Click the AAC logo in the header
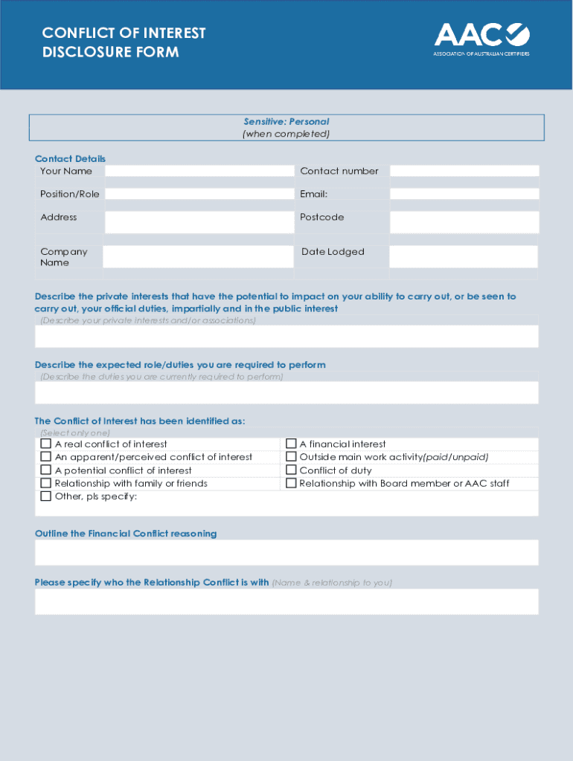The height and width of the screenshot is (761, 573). (481, 39)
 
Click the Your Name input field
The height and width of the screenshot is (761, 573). (199, 171)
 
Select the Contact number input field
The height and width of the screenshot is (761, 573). (464, 171)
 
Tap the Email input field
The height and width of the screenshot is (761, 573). (464, 194)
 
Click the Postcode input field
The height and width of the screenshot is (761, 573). (464, 221)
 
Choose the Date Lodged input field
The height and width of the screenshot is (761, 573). (463, 256)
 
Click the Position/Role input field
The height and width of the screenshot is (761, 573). (199, 194)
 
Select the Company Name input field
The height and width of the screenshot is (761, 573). (198, 256)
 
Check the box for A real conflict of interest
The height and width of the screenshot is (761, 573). (46, 444)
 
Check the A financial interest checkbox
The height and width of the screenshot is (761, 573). (292, 444)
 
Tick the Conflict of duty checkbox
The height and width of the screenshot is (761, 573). (292, 470)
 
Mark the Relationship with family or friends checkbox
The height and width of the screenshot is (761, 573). (46, 483)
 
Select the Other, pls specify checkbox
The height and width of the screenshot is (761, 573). (46, 496)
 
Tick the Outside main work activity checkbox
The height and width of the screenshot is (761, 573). (292, 457)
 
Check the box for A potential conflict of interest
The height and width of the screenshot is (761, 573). (46, 470)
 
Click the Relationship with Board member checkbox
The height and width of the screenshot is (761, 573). (292, 483)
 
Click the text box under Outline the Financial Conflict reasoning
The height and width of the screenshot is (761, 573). (286, 552)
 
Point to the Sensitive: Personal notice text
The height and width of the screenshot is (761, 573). (286, 122)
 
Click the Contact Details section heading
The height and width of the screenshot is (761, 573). (70, 158)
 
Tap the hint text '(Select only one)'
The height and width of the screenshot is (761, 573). (75, 433)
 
